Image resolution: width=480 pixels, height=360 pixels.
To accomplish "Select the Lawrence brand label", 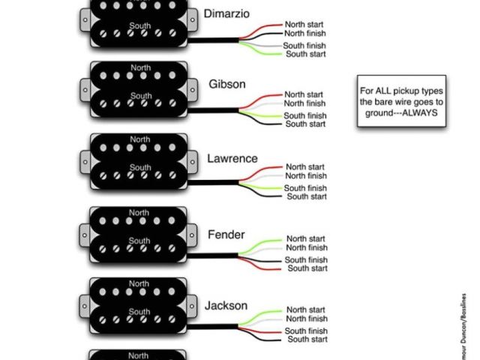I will [x=232, y=159].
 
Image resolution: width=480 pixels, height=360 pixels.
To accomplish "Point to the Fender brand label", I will [x=226, y=235].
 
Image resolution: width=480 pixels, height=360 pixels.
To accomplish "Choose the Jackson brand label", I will [x=226, y=306].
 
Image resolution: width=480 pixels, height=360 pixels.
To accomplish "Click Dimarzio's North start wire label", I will [x=304, y=25].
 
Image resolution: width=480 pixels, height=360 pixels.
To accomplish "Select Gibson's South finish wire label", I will [x=305, y=116].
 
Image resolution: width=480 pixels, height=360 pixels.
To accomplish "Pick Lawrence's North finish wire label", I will [x=306, y=176].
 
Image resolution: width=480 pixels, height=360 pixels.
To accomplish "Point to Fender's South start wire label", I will [x=307, y=268].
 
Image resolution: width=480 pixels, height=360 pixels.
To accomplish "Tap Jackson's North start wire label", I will [x=306, y=310].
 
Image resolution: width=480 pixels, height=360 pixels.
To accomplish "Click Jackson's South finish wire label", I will [x=306, y=331].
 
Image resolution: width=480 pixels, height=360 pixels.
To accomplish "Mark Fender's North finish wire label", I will [x=307, y=247].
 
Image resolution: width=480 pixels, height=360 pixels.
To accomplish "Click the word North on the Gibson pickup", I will [x=140, y=68].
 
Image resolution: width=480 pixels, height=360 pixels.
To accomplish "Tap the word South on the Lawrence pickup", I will [x=139, y=168].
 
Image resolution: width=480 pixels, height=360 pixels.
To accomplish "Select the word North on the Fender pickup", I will [x=139, y=212].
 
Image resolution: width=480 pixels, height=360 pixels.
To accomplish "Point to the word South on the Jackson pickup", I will [x=139, y=311].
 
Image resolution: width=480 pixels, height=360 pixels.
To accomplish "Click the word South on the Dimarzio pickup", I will [x=140, y=25].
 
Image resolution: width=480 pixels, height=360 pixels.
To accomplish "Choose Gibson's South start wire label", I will [x=306, y=124].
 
